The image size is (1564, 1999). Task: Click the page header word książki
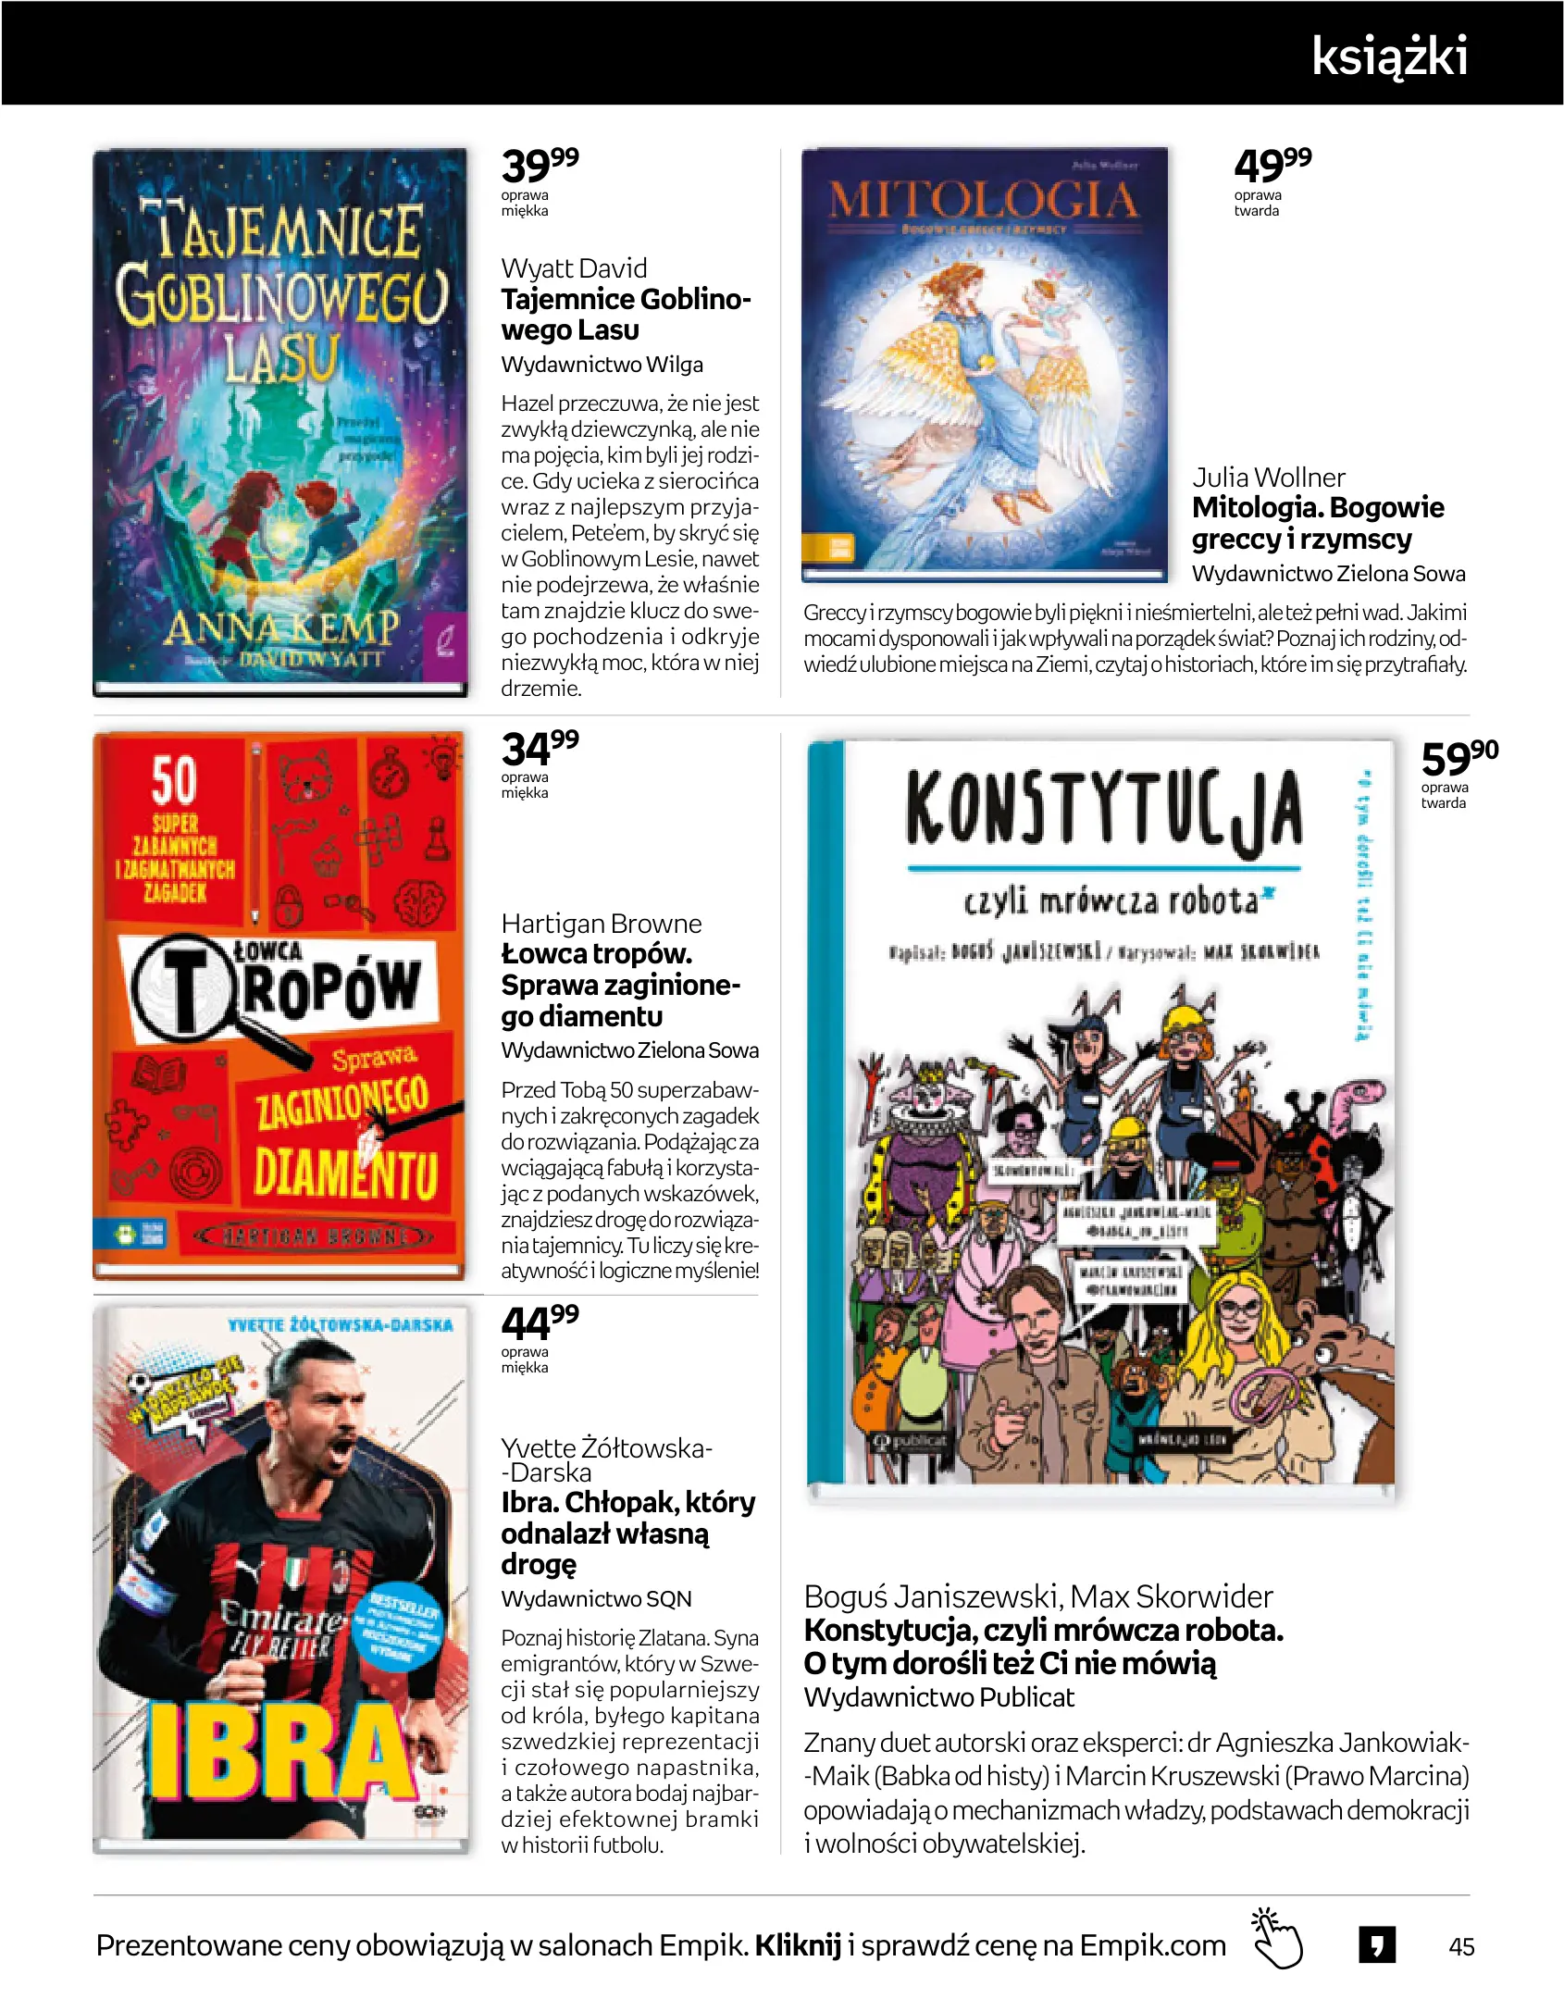coord(1389,56)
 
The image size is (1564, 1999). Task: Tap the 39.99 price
coord(540,166)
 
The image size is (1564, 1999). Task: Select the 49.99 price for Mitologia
coord(1272,166)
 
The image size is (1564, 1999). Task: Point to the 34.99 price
coord(540,748)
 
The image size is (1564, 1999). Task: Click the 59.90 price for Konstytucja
coord(1458,758)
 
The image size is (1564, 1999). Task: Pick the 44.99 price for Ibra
coord(540,1322)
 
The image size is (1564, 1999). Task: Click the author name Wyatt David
coord(574,268)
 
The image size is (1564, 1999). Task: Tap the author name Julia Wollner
coord(1268,478)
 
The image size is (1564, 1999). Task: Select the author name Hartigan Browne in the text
coord(602,924)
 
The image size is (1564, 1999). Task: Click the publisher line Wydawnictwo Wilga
coord(602,365)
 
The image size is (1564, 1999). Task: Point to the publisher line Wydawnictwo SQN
coord(596,1598)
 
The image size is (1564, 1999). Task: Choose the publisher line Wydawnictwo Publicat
coord(938,1697)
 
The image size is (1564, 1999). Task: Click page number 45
coord(1461,1946)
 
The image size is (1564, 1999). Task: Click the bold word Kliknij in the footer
coord(798,1945)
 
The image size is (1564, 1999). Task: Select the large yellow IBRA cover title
coord(278,1754)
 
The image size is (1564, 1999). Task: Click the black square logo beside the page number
coord(1377,1944)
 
